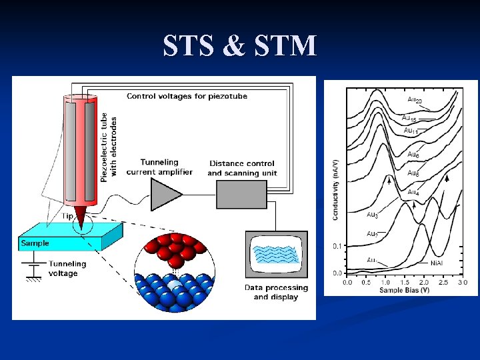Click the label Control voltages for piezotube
187,96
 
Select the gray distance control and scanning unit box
241,194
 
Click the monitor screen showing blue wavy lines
276,256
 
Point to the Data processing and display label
276,292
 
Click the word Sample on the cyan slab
35,243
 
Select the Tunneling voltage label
64,269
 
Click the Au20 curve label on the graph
414,99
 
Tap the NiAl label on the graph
437,263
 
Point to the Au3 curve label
373,215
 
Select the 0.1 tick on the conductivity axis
337,246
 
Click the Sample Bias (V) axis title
405,291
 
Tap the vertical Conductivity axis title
335,190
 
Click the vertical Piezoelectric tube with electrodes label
109,147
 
